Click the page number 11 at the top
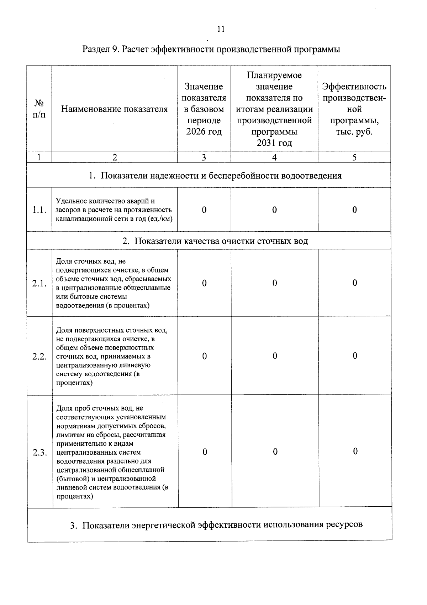221,29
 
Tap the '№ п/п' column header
39,109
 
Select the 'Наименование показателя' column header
114,109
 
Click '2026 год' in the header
204,132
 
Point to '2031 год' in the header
274,143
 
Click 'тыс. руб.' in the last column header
354,132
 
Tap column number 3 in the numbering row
204,157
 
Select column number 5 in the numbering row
354,157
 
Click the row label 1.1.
39,210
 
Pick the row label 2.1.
39,284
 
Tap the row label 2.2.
39,357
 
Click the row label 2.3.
39,453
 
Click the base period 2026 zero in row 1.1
204,210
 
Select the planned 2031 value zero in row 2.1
275,283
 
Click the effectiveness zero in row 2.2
355,356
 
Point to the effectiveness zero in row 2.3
355,451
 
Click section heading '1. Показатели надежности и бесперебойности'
215,176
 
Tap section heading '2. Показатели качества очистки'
215,241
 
